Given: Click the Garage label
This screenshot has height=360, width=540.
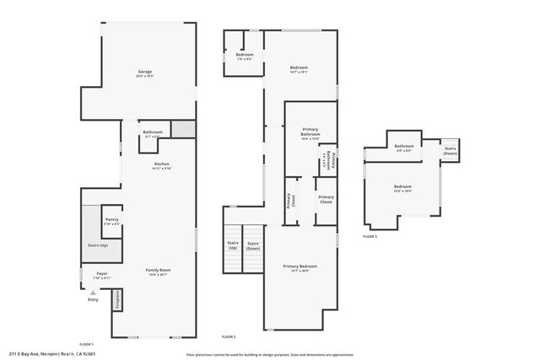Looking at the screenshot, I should pos(145,73).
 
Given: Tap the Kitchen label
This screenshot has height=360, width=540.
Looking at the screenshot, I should pos(161,164).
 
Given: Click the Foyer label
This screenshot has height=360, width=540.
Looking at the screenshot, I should pos(101,274).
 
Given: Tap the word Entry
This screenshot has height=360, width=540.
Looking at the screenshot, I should pos(93,298).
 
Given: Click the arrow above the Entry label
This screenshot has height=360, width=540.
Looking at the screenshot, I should pos(93,292).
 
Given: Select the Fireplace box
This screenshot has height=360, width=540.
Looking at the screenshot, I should pos(117,302).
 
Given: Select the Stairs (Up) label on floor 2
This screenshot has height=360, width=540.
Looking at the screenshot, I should pos(232,246).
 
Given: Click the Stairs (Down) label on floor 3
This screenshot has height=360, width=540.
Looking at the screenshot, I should pos(451,151).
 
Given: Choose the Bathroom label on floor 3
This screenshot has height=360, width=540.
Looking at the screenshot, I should pos(403,147).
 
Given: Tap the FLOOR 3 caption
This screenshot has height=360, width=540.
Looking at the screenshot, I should pos(370,237).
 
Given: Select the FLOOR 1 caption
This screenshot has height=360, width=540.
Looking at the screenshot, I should pos(86,344).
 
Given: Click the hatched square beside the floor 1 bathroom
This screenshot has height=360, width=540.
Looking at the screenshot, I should pos(182,129).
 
